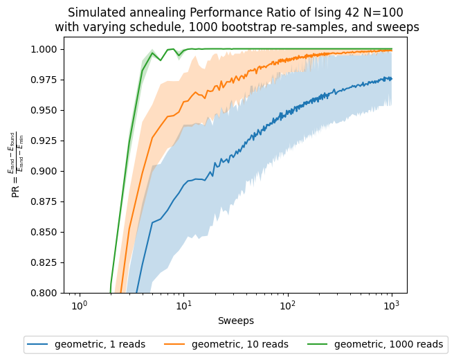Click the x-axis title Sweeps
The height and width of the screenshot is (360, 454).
coord(235,321)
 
